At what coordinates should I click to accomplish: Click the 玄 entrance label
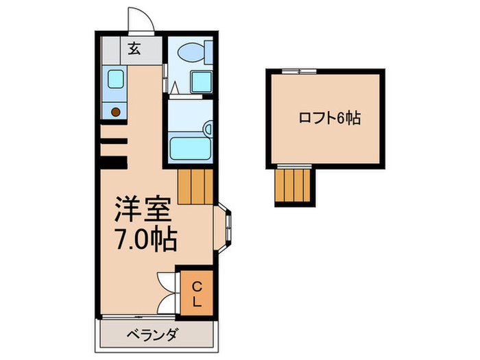tap(134, 49)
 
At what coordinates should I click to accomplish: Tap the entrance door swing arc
tap(141, 21)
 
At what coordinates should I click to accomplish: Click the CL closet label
tap(196, 293)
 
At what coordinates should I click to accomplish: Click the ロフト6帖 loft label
tap(329, 118)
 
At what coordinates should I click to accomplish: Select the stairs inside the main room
tap(195, 187)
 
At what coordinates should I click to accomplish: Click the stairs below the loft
tap(293, 185)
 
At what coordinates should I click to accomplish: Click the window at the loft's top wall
tap(299, 70)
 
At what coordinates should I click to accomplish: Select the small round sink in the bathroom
tap(208, 128)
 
